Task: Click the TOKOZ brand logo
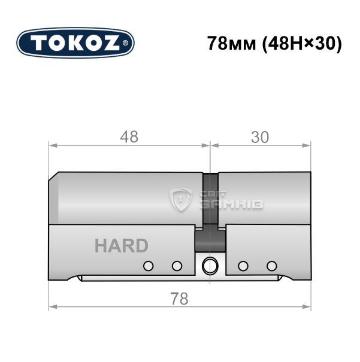[x=75, y=43]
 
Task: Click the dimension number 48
[x=129, y=137]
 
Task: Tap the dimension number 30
[x=260, y=137]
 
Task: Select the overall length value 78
[x=179, y=299]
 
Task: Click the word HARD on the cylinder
[x=122, y=246]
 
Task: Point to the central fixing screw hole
[x=210, y=266]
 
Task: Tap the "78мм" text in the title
[x=232, y=43]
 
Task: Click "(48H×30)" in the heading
[x=301, y=44]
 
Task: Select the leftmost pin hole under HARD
[x=149, y=266]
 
